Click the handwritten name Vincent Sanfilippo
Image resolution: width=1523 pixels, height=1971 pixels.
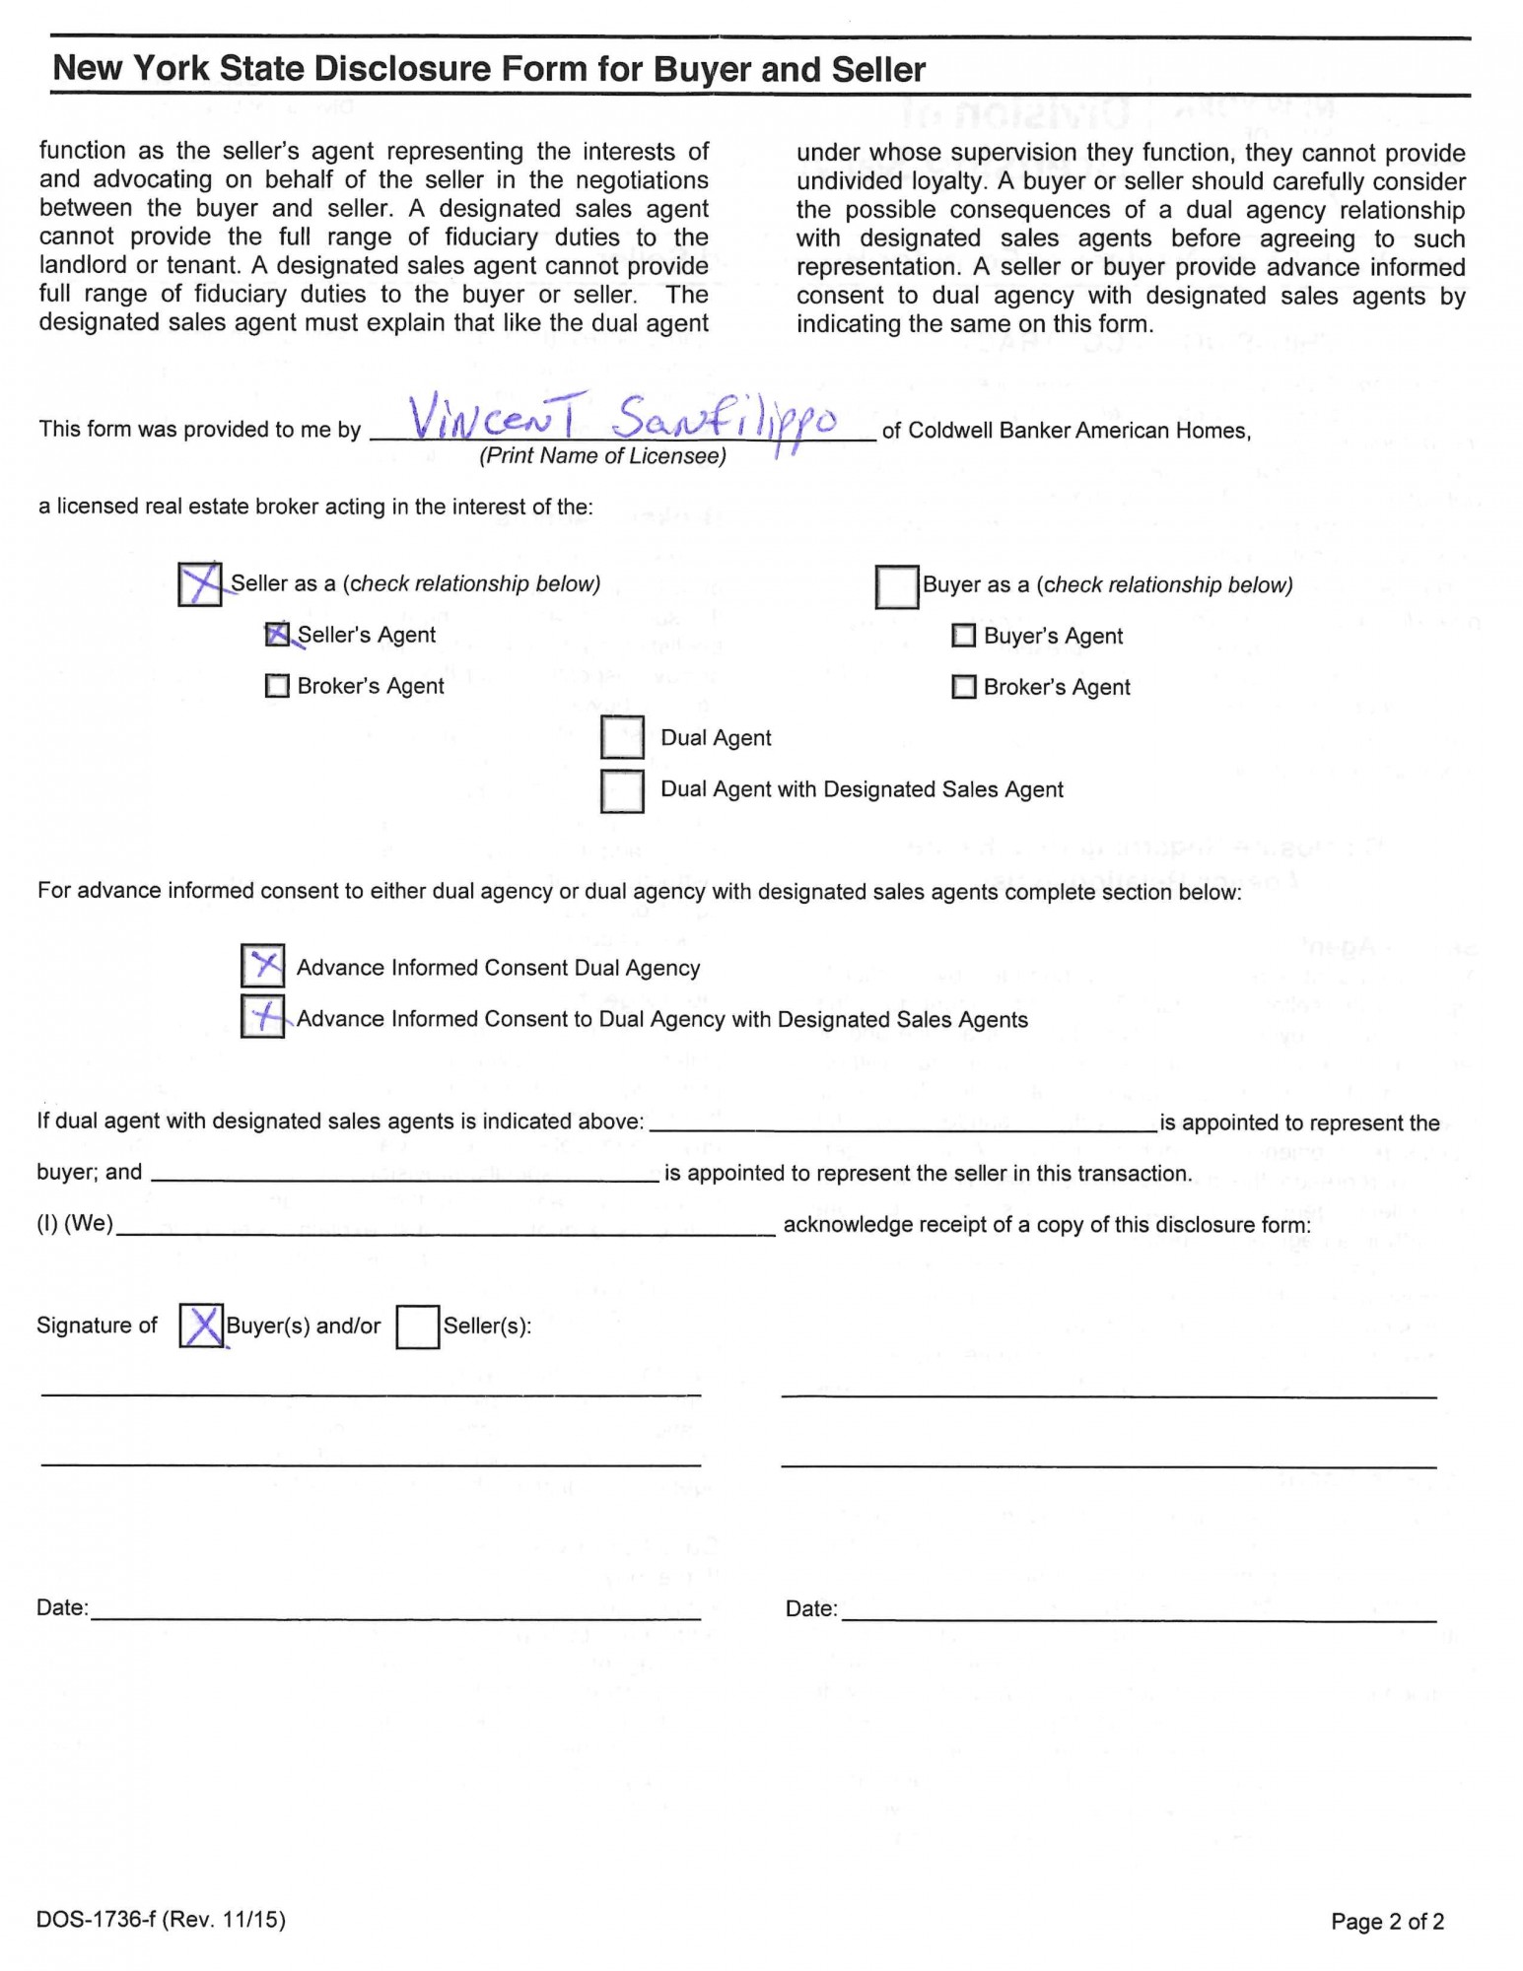pyautogui.click(x=623, y=421)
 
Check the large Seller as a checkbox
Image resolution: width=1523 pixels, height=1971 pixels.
pyautogui.click(x=200, y=583)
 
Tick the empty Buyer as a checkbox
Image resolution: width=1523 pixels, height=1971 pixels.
pyautogui.click(x=896, y=586)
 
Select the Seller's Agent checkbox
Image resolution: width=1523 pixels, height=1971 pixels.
pyautogui.click(x=277, y=635)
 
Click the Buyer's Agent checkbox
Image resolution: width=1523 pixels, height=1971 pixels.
pyautogui.click(x=963, y=636)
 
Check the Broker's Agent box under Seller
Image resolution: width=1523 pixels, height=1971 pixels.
pyautogui.click(x=277, y=686)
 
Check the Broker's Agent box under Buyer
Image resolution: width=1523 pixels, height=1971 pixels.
pyautogui.click(x=963, y=687)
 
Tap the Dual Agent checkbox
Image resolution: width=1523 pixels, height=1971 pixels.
pyautogui.click(x=622, y=737)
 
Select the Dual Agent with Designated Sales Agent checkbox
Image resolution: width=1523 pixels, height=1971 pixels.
pyautogui.click(x=622, y=789)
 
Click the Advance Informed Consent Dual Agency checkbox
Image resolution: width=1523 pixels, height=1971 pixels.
pyautogui.click(x=262, y=966)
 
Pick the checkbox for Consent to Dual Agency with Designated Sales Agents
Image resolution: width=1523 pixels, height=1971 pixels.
pyautogui.click(x=262, y=1016)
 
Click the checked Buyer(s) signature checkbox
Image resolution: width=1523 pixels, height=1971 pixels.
pyautogui.click(x=201, y=1325)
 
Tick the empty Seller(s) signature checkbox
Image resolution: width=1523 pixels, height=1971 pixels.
pyautogui.click(x=417, y=1326)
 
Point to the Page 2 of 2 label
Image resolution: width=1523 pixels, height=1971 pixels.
pyautogui.click(x=1387, y=1921)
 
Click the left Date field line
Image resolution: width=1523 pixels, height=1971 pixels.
pyautogui.click(x=394, y=1609)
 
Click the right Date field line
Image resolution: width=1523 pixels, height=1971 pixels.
pyautogui.click(x=1139, y=1610)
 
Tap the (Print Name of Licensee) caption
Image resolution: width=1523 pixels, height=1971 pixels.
pyautogui.click(x=602, y=456)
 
